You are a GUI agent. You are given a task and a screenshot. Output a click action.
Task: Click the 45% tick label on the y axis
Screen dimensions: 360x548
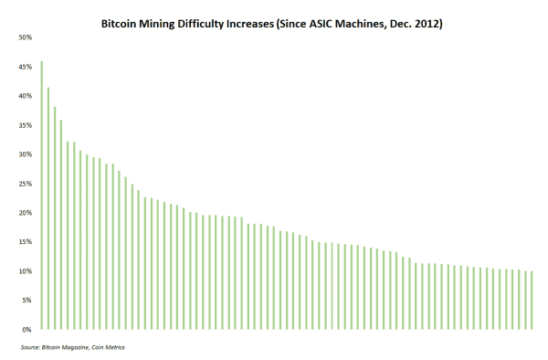25,67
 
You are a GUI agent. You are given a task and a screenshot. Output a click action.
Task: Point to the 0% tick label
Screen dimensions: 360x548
26,330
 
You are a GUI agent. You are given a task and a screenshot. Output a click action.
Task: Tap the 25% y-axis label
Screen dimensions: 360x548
25,184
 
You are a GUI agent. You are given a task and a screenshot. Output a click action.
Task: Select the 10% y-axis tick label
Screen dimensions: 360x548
25,271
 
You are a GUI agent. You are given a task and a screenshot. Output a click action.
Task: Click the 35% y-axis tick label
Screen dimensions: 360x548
25,125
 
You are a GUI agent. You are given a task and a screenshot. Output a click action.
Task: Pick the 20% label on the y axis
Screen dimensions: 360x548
25,213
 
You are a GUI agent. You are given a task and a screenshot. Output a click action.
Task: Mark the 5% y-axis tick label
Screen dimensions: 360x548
26,301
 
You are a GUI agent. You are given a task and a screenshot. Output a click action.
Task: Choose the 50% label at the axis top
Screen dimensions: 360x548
25,37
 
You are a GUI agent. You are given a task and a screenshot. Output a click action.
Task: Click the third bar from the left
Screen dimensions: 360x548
55,218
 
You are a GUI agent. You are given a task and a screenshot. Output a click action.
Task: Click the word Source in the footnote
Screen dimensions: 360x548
29,348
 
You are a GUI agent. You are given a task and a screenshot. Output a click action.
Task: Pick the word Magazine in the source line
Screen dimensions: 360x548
72,348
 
